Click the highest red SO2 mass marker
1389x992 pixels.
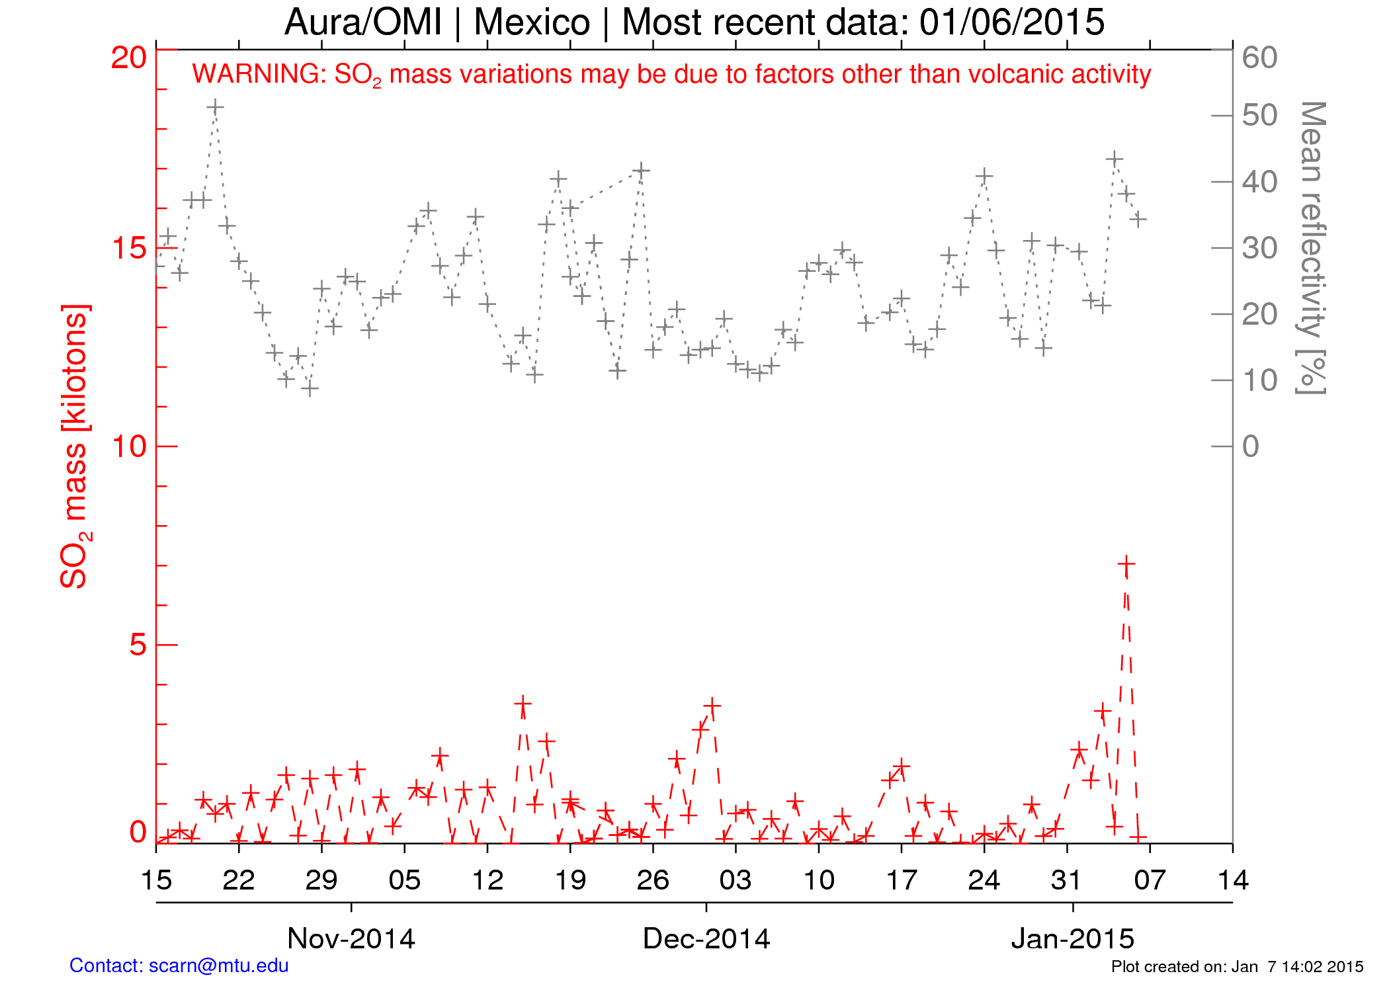point(1126,565)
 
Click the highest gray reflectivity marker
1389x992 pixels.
point(215,107)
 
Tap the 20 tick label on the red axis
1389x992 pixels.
point(128,58)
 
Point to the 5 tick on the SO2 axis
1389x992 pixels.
point(138,645)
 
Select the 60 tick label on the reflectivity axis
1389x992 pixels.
point(1259,58)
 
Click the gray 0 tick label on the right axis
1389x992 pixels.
point(1250,447)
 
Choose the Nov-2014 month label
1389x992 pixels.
point(351,938)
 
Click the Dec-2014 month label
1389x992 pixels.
point(706,938)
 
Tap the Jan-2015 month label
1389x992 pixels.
point(1072,938)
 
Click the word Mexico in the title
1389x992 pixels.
point(532,22)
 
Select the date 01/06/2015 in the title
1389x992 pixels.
point(1011,22)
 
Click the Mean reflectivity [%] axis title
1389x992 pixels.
point(1311,248)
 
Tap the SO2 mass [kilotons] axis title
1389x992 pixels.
point(75,446)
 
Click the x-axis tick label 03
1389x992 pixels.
point(736,880)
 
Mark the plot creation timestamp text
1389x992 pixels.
point(1237,967)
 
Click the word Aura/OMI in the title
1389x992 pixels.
point(363,22)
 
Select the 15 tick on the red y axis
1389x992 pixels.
point(128,249)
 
